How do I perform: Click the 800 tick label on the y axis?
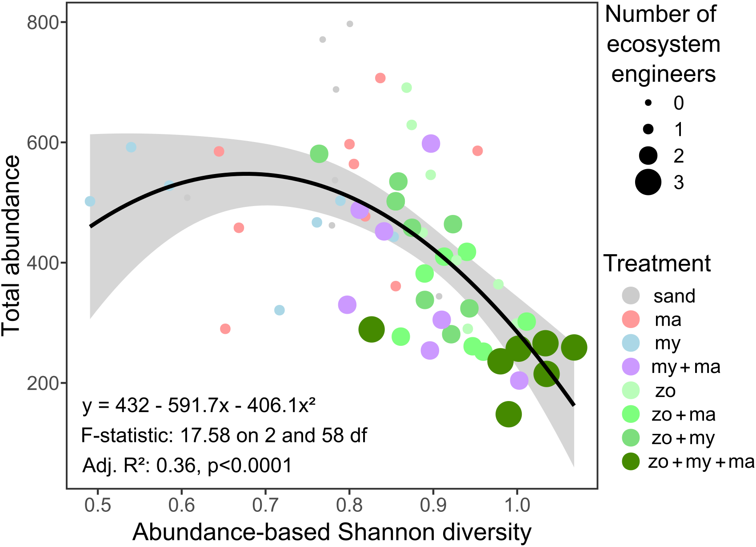(43, 22)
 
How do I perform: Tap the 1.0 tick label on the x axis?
(517, 505)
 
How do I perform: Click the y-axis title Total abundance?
(11, 246)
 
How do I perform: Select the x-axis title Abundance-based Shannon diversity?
(332, 532)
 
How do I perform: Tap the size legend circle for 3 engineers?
(648, 182)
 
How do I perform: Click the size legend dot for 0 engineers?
(648, 103)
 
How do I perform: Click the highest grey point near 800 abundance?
(350, 24)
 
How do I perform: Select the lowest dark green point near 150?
(508, 414)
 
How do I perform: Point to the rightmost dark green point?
(574, 348)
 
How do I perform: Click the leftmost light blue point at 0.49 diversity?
(90, 201)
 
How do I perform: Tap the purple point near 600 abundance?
(431, 144)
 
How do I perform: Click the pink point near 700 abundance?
(380, 78)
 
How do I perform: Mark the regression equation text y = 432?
(199, 405)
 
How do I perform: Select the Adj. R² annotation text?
(187, 466)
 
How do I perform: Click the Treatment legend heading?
(657, 263)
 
